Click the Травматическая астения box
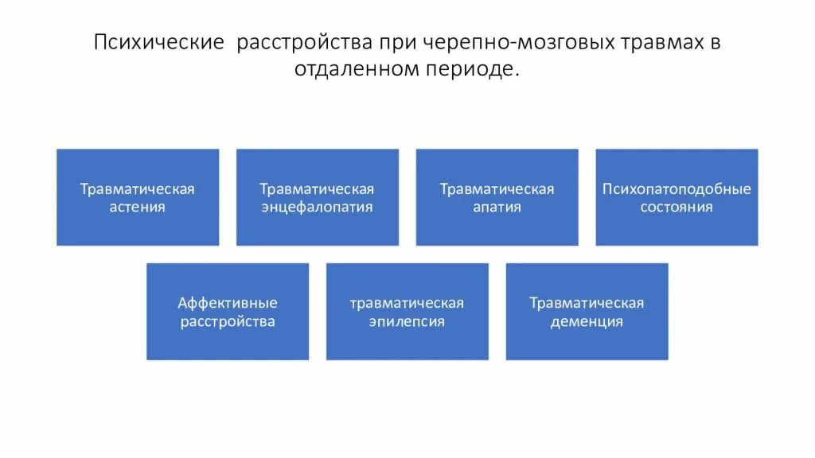tap(138, 197)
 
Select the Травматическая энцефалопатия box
tap(318, 197)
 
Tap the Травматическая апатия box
tap(497, 197)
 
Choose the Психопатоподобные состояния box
tap(677, 197)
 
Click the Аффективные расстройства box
tap(228, 312)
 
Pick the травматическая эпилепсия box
tap(407, 312)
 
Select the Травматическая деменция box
tap(587, 312)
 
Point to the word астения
tap(138, 208)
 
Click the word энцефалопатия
tap(318, 208)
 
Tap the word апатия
tap(497, 208)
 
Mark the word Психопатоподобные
tap(677, 189)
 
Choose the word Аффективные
tap(228, 303)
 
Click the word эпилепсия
tap(407, 322)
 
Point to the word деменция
tap(587, 322)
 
